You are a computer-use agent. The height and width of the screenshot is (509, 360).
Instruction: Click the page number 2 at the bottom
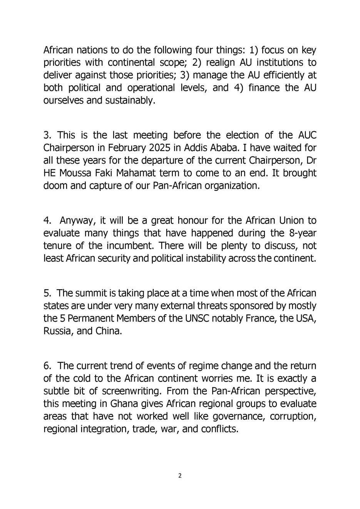180,476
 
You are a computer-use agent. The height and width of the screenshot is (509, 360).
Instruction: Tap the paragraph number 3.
47,136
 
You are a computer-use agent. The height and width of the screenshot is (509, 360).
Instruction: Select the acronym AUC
307,136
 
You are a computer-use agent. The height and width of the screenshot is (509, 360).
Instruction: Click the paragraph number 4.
47,221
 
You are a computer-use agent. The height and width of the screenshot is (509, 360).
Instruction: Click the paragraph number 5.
47,293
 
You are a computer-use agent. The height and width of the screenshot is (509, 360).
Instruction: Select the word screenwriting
132,391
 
